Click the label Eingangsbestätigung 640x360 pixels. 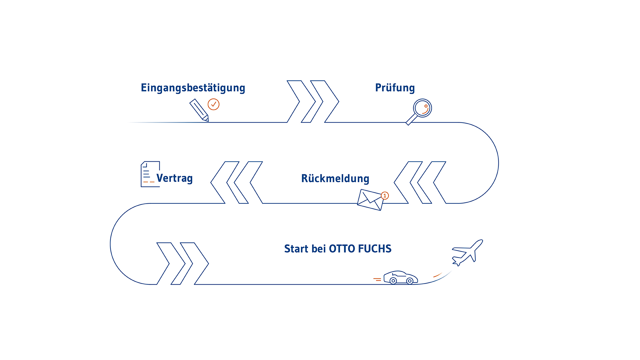193,88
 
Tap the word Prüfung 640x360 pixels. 395,88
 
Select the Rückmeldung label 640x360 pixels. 335,178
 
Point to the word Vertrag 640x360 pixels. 175,178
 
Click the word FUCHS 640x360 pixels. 375,249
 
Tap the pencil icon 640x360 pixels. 199,110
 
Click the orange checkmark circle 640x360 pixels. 214,104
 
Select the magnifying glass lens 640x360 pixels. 423,108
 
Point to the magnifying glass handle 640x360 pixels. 411,119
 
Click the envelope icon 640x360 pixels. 370,200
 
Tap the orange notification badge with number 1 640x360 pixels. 385,196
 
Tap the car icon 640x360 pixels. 401,277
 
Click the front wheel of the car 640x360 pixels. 410,281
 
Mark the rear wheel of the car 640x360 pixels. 393,281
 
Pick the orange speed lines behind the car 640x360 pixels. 377,279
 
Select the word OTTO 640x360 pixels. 342,249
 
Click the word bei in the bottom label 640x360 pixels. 319,249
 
